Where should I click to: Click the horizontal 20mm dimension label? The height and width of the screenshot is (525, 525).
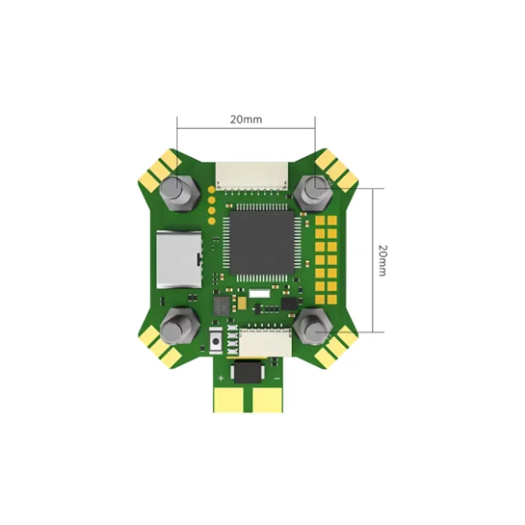246,119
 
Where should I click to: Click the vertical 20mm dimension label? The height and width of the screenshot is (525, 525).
383,261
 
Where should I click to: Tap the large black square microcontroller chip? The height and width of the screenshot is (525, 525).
262,241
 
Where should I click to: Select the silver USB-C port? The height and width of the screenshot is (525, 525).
179,259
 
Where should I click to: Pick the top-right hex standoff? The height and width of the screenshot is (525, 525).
314,192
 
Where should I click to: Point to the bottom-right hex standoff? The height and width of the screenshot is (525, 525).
313,326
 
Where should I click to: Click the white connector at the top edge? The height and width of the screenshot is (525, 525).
252,176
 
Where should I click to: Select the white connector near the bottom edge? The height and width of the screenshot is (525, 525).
265,343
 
